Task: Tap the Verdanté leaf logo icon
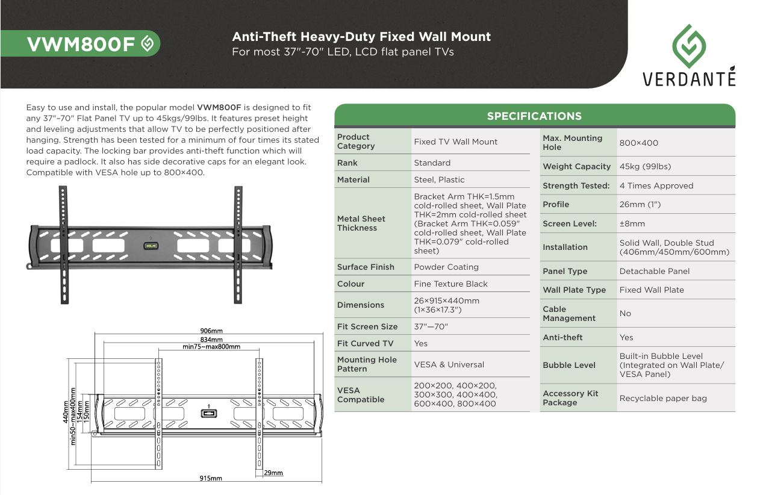[x=689, y=46]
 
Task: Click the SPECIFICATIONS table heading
[x=534, y=116]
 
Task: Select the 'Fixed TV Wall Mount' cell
[x=455, y=142]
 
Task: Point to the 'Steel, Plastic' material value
[x=438, y=179]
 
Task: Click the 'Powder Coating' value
[x=446, y=267]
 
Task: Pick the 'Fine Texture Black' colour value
[x=450, y=284]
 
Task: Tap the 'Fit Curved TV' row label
[x=365, y=343]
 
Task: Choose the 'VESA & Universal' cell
[x=449, y=364]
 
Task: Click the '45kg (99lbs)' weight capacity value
[x=645, y=167]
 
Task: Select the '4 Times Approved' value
[x=656, y=186]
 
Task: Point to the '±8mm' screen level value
[x=632, y=223]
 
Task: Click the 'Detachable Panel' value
[x=655, y=272]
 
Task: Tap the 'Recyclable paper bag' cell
[x=663, y=399]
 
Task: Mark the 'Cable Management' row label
[x=568, y=314]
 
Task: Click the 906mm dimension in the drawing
[x=211, y=331]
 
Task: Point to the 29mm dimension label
[x=273, y=473]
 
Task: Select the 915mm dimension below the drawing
[x=211, y=479]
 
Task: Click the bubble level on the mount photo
[x=150, y=246]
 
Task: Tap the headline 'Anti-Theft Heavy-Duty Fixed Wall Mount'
[x=361, y=37]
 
